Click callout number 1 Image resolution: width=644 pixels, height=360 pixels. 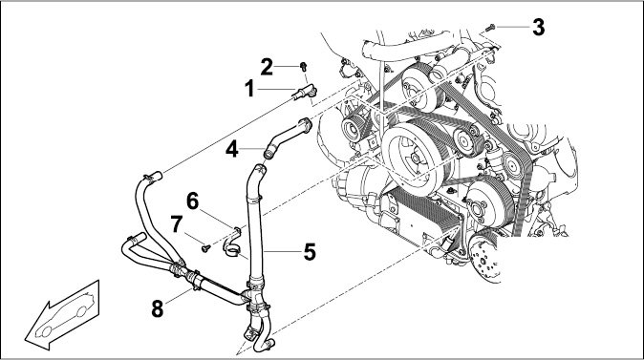coord(249,89)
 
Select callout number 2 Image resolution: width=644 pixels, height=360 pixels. coord(267,67)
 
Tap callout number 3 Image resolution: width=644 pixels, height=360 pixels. coord(539,27)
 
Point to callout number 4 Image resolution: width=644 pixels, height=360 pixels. coord(232,149)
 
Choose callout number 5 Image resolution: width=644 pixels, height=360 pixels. coord(310,252)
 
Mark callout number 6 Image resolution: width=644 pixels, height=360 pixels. coord(193,201)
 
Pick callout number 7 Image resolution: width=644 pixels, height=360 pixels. coord(177,224)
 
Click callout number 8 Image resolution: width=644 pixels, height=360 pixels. coord(158,308)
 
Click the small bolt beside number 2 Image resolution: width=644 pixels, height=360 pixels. coord(304,66)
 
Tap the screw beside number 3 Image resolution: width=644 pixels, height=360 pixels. coord(490,28)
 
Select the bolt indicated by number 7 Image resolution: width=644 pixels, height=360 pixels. coord(205,248)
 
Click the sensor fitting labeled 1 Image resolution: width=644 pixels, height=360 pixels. coord(305,92)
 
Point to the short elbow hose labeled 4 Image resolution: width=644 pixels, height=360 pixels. coord(288,138)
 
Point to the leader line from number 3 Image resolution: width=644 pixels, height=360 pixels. coord(513,28)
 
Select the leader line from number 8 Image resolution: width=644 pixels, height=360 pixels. coord(179,296)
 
